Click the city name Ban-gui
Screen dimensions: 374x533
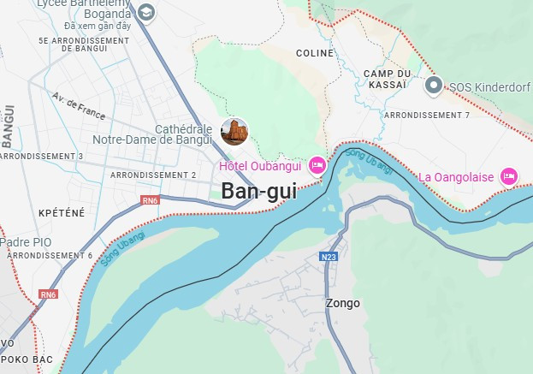click(258, 192)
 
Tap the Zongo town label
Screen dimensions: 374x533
click(342, 303)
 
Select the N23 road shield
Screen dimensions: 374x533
click(329, 257)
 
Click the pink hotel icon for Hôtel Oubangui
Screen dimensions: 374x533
click(317, 164)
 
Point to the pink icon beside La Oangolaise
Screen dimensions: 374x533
click(509, 176)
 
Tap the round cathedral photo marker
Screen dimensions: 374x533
click(234, 132)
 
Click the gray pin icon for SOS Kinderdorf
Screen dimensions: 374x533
click(434, 85)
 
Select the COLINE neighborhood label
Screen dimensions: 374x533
click(314, 53)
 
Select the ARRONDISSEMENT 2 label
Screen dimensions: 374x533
click(154, 175)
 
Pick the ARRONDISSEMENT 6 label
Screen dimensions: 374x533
click(49, 255)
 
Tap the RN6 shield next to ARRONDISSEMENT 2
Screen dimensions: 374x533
click(150, 201)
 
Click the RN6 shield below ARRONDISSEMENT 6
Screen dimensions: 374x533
click(49, 294)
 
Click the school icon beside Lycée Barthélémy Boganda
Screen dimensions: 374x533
click(146, 12)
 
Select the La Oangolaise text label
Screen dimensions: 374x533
click(456, 177)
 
